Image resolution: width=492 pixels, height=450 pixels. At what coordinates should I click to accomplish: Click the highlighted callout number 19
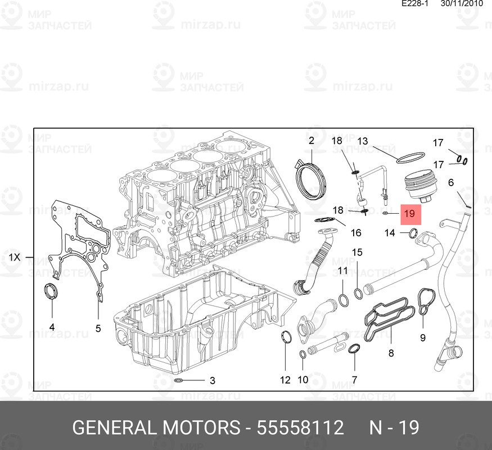point(409,214)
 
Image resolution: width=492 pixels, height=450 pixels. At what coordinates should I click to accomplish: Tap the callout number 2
point(311,140)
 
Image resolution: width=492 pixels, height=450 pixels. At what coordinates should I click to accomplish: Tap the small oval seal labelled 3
point(179,381)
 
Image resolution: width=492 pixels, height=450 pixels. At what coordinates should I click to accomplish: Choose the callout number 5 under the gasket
point(98,328)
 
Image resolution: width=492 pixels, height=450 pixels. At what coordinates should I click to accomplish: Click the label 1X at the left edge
point(15,258)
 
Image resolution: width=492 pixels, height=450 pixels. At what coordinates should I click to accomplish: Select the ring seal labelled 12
point(286,338)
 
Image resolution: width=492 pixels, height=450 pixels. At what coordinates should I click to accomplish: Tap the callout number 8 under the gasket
point(391,353)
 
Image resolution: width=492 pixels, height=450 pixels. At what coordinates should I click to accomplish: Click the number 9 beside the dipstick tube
point(423,337)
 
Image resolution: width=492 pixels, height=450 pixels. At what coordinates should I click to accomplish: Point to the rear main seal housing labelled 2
point(311,179)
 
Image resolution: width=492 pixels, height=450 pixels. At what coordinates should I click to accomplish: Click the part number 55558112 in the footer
point(300,427)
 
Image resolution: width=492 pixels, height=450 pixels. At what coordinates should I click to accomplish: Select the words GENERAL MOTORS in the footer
point(155,427)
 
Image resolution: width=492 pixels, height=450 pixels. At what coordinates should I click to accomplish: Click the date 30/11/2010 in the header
point(462,3)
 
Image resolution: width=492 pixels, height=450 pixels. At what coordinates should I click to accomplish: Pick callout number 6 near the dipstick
point(451,182)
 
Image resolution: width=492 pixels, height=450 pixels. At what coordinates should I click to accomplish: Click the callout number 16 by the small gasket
point(356,233)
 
